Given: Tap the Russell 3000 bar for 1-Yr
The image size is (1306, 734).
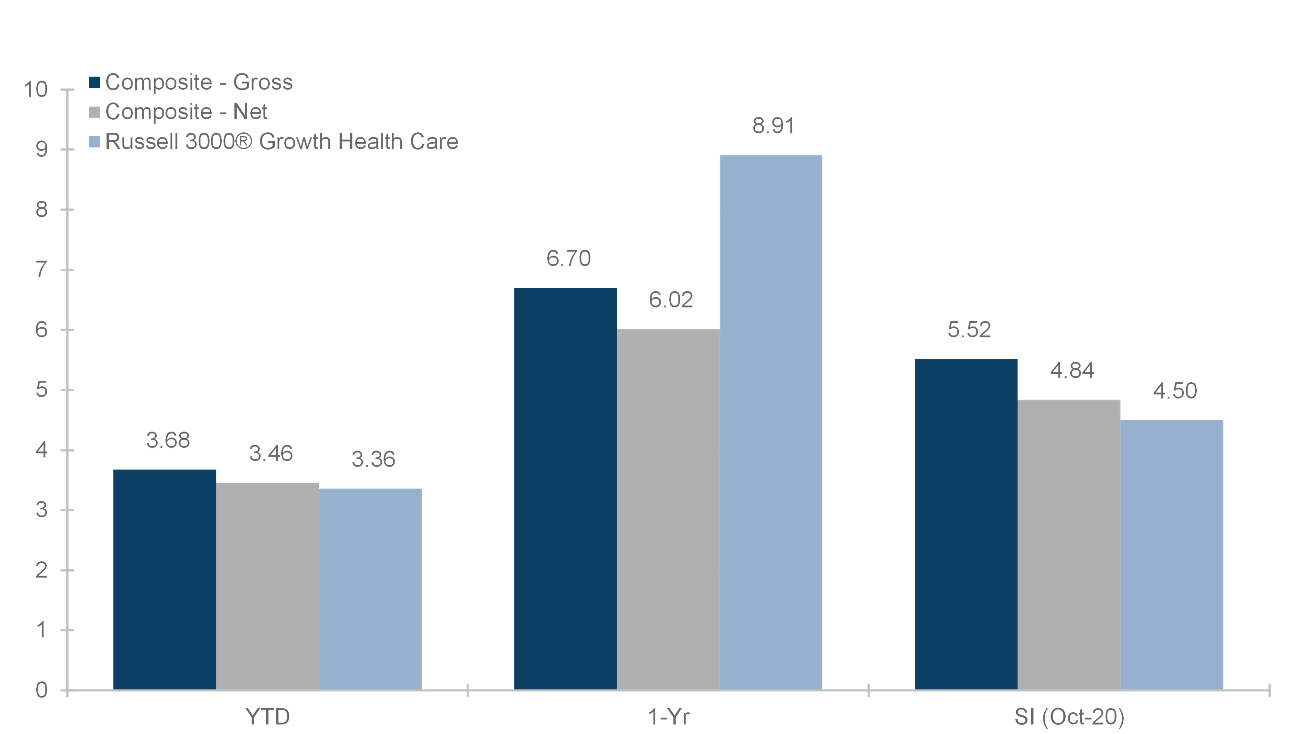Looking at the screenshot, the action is [771, 422].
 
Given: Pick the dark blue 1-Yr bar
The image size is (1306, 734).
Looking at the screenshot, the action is [566, 489].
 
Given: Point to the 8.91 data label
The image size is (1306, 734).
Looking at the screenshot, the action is [773, 126].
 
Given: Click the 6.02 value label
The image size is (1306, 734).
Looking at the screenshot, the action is [671, 300].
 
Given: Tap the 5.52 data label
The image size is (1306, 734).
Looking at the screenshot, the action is [969, 330].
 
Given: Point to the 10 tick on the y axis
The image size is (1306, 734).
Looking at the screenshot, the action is [35, 90].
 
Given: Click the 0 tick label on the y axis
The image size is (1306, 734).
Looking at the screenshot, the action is [42, 690].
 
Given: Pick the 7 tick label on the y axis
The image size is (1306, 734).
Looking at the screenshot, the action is [42, 270].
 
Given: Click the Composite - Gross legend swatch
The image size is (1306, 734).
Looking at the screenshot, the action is [94, 82].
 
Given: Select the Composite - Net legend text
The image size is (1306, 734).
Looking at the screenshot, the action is [186, 112].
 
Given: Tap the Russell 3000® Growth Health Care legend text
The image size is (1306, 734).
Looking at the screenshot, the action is [281, 141].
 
